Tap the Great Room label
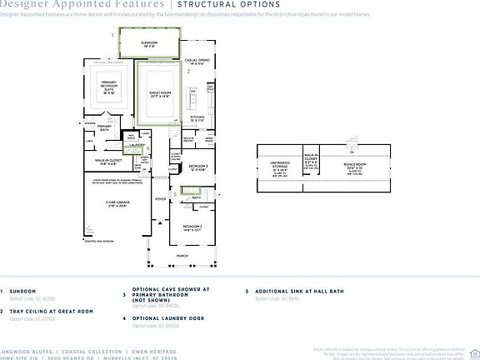(x=160, y=94)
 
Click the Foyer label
(x=160, y=201)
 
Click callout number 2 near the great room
(x=189, y=72)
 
